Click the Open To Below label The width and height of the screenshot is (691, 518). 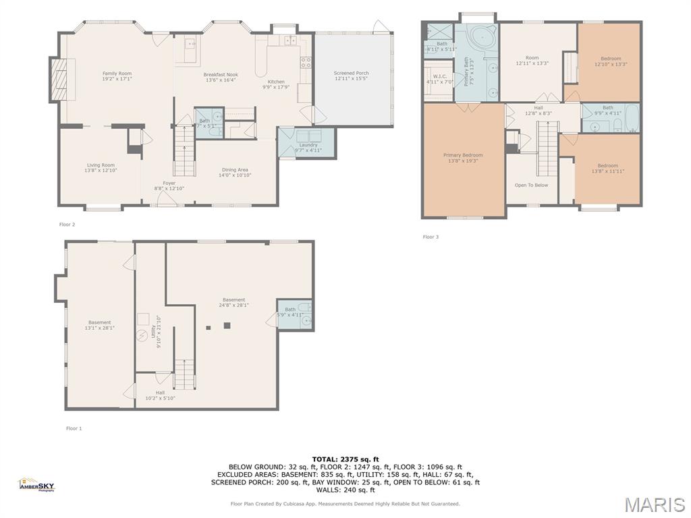[x=531, y=185]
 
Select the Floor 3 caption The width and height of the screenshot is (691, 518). [x=431, y=237]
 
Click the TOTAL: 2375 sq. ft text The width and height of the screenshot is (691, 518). [x=345, y=459]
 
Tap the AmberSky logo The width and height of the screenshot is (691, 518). [x=36, y=484]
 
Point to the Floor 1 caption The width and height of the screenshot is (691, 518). [x=74, y=428]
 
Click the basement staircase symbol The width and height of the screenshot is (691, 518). [x=184, y=374]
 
